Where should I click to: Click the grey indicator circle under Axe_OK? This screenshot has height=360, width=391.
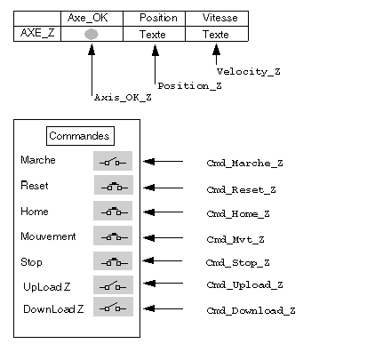(92, 34)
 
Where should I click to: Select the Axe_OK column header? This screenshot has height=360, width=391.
(88, 18)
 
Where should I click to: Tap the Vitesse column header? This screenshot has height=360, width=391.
(220, 18)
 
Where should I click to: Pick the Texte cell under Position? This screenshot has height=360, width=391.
(153, 35)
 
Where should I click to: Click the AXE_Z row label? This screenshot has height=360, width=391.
(37, 33)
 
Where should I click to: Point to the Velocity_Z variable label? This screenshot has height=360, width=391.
(248, 72)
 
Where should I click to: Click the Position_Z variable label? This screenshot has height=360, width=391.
(189, 86)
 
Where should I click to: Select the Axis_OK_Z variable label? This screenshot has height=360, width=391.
(123, 98)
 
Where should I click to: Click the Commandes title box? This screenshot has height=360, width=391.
(80, 136)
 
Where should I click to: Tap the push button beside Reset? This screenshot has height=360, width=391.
(114, 185)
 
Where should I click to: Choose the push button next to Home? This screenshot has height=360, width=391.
(113, 211)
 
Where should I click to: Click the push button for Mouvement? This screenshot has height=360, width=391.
(113, 236)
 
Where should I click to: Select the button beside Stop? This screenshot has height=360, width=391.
(113, 261)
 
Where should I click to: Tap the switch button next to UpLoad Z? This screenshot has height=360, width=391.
(113, 285)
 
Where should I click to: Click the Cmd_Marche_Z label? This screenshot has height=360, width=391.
(244, 164)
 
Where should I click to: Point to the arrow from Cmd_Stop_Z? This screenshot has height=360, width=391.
(163, 260)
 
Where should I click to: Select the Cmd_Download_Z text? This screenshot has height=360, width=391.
(251, 310)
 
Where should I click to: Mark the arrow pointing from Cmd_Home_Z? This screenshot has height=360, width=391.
(164, 212)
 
